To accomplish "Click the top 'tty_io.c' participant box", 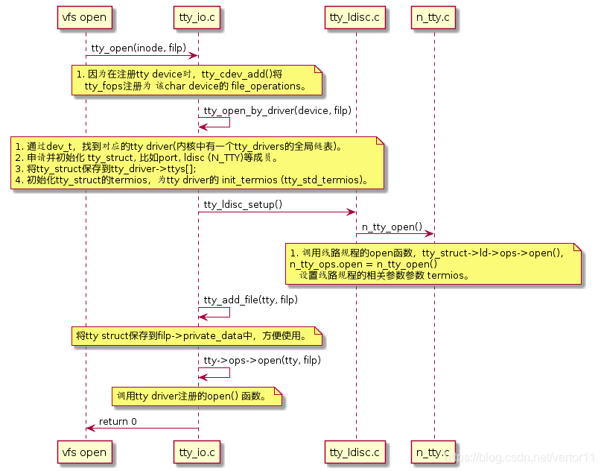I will coord(197,16).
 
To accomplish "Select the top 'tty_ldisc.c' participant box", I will coord(356,16).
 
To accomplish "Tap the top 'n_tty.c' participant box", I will coord(433,16).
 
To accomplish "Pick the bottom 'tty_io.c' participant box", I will coord(197,452).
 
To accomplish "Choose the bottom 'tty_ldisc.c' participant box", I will coord(356,452).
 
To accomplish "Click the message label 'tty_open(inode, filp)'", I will coord(139,48).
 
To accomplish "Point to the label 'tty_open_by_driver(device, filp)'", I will coord(277,111).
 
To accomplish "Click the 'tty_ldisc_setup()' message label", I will coord(243,204).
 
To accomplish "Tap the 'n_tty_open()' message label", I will coord(392,227).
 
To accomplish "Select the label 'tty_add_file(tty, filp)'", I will coord(250,300).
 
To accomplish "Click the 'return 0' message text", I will coord(118,421).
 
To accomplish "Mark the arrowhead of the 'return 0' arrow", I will coord(89,429).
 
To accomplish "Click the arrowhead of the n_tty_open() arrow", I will coord(430,234).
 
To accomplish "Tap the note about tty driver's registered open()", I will coord(197,396).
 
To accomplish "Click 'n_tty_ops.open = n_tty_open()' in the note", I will coord(363,264).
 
